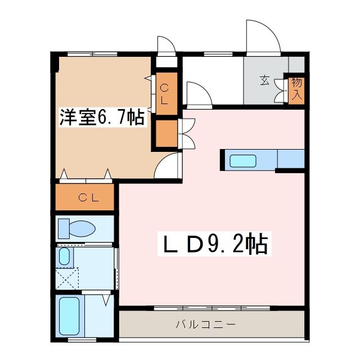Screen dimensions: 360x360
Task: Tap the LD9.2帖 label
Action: pyautogui.click(x=215, y=245)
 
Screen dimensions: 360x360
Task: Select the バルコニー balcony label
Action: pyautogui.click(x=205, y=325)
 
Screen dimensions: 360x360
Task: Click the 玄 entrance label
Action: pyautogui.click(x=264, y=80)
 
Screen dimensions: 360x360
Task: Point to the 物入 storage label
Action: pyautogui.click(x=296, y=89)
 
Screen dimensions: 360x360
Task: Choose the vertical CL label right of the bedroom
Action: pyautogui.click(x=165, y=94)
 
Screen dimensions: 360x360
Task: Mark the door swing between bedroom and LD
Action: pyautogui.click(x=169, y=166)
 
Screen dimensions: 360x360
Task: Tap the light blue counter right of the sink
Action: pyautogui.click(x=291, y=159)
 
